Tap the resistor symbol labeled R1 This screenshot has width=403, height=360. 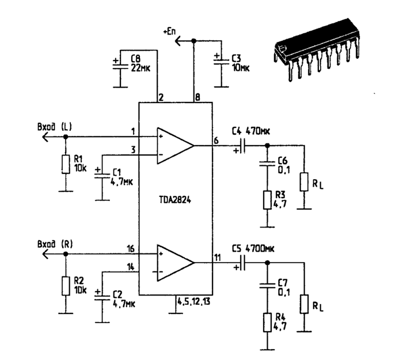tap(65, 165)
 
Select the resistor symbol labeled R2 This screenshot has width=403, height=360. tap(65, 285)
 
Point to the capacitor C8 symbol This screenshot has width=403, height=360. tap(120, 66)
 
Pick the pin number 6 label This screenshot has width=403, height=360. tap(216, 140)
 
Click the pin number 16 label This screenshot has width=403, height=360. tap(132, 248)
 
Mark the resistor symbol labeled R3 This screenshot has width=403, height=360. tap(267, 200)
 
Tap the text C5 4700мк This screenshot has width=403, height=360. tap(252, 250)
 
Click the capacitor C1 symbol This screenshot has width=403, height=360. tap(102, 175)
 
